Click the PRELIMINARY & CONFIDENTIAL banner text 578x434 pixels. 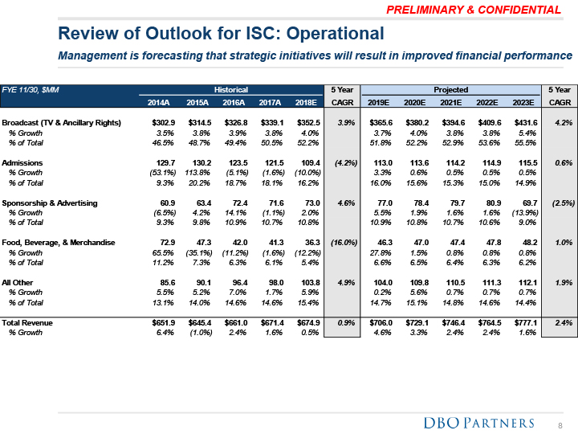pos(474,10)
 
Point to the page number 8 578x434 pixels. pos(560,424)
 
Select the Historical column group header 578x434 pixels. pos(230,89)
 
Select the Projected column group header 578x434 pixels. pos(451,89)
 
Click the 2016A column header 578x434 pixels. pos(234,102)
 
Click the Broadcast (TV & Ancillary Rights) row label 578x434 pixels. pos(62,122)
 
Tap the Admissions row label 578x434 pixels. pos(23,163)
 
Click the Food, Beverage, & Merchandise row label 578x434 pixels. pos(59,242)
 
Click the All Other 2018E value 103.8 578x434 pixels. pos(307,282)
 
